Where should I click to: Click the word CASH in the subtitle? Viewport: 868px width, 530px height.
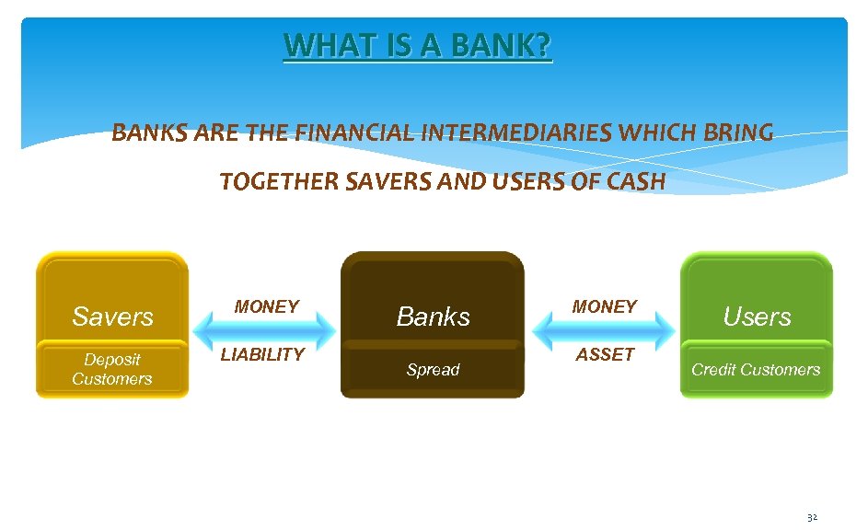(x=635, y=182)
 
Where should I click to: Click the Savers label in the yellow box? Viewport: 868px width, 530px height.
(x=112, y=317)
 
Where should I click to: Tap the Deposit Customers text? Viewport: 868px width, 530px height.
(x=112, y=369)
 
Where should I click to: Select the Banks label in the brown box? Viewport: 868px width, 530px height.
(x=433, y=317)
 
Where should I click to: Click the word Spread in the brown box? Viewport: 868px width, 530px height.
(x=433, y=370)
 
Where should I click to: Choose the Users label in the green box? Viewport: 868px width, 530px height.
(x=757, y=317)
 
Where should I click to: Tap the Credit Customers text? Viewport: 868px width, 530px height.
(x=756, y=370)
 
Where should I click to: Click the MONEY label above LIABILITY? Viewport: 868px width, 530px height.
(x=266, y=306)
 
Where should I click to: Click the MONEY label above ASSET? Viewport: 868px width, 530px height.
(x=604, y=306)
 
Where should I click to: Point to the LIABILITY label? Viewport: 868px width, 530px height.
(x=262, y=354)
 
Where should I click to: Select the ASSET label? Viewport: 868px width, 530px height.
(x=605, y=354)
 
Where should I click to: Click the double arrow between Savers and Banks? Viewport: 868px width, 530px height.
(x=265, y=329)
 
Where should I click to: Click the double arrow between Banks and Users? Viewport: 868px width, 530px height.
(x=603, y=329)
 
